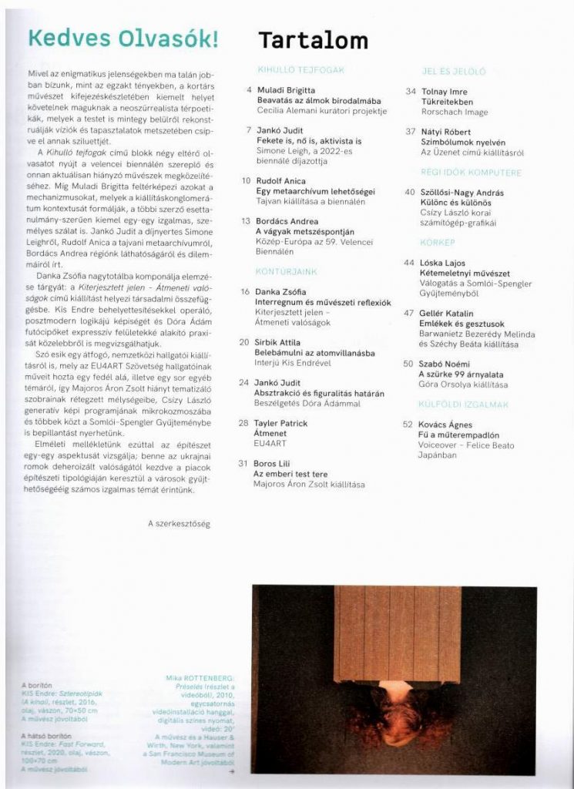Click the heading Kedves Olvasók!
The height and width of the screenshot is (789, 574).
coord(123,39)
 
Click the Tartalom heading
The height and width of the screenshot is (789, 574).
coord(313,41)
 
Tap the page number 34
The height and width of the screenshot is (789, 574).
coord(411,91)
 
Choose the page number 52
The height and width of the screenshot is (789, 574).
coord(408,425)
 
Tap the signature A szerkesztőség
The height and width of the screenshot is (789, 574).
coord(179,524)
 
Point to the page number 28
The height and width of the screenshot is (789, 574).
coord(243,423)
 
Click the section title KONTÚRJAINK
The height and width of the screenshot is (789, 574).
coord(287,272)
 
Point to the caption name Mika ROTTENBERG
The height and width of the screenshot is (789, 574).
coord(203,678)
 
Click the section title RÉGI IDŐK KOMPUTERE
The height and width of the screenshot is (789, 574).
coord(472,173)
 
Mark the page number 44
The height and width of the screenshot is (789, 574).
coord(408,263)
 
